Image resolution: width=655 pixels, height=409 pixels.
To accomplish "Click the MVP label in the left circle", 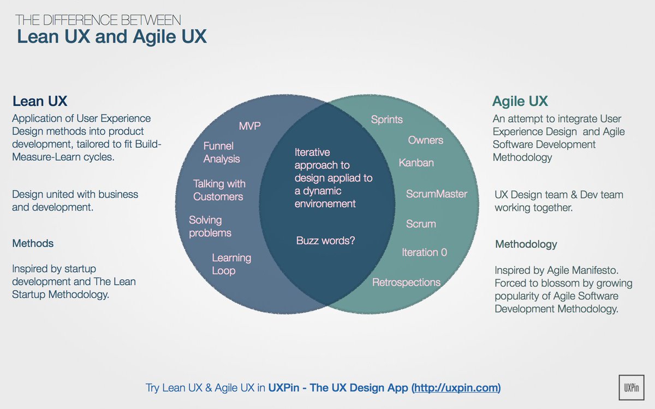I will [x=250, y=126].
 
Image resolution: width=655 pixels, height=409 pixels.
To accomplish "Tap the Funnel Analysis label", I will [x=222, y=153].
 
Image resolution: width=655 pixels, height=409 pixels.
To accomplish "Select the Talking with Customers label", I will [x=219, y=190].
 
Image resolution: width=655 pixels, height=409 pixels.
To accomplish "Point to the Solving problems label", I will [x=210, y=226].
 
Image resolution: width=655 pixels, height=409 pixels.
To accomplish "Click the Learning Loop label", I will [x=231, y=264].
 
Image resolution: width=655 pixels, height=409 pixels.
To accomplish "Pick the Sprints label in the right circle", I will [x=386, y=119].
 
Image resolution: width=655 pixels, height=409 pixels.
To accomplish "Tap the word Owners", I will [x=426, y=140].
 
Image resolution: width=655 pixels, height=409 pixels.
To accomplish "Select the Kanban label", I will [x=416, y=163].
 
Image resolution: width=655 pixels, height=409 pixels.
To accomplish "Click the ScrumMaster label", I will [x=437, y=194].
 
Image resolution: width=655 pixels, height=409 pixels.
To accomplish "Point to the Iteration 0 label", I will [x=424, y=252].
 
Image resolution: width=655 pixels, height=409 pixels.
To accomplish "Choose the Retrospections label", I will [x=406, y=282].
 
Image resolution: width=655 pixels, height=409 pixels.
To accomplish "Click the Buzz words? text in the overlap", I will [x=325, y=240].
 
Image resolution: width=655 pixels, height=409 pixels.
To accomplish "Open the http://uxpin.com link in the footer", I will [x=456, y=388].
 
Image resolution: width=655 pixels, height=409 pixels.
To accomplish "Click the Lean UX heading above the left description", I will [x=40, y=101].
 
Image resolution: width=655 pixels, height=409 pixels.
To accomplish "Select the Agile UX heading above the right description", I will [x=520, y=101].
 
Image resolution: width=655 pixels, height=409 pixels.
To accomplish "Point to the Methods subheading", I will [x=33, y=243].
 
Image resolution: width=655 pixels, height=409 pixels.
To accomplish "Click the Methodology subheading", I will [x=526, y=244].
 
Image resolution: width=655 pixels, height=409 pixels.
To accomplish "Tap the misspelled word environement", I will [x=325, y=203].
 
